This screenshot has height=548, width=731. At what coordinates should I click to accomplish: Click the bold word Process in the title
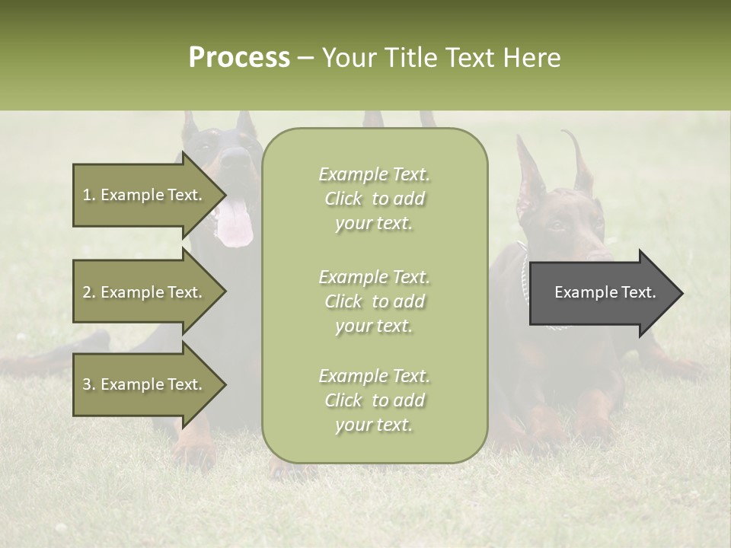239,58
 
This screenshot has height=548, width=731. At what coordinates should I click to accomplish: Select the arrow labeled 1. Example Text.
145,195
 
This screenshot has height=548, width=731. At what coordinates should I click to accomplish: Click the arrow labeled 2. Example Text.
145,292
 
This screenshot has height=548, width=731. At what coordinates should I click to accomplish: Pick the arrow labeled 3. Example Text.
145,384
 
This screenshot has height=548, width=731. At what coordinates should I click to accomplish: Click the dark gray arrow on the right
602,292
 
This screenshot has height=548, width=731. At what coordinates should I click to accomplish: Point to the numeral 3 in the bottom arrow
87,384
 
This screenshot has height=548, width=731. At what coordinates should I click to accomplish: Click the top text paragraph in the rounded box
374,199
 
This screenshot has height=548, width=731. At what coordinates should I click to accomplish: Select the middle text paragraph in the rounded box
374,301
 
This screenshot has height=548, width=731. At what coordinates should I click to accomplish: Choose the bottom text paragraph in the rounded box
374,400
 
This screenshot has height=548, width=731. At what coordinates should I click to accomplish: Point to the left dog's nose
237,158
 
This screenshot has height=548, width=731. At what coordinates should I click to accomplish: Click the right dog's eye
558,224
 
